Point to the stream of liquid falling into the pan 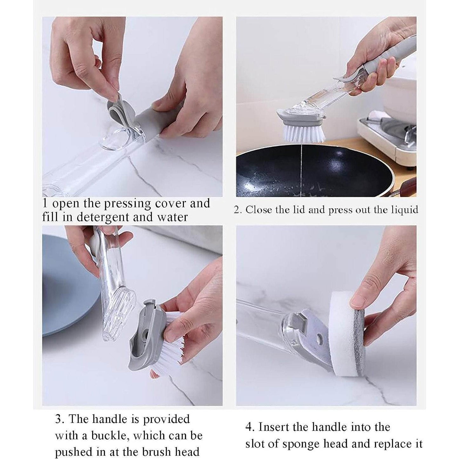pos(300,165)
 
